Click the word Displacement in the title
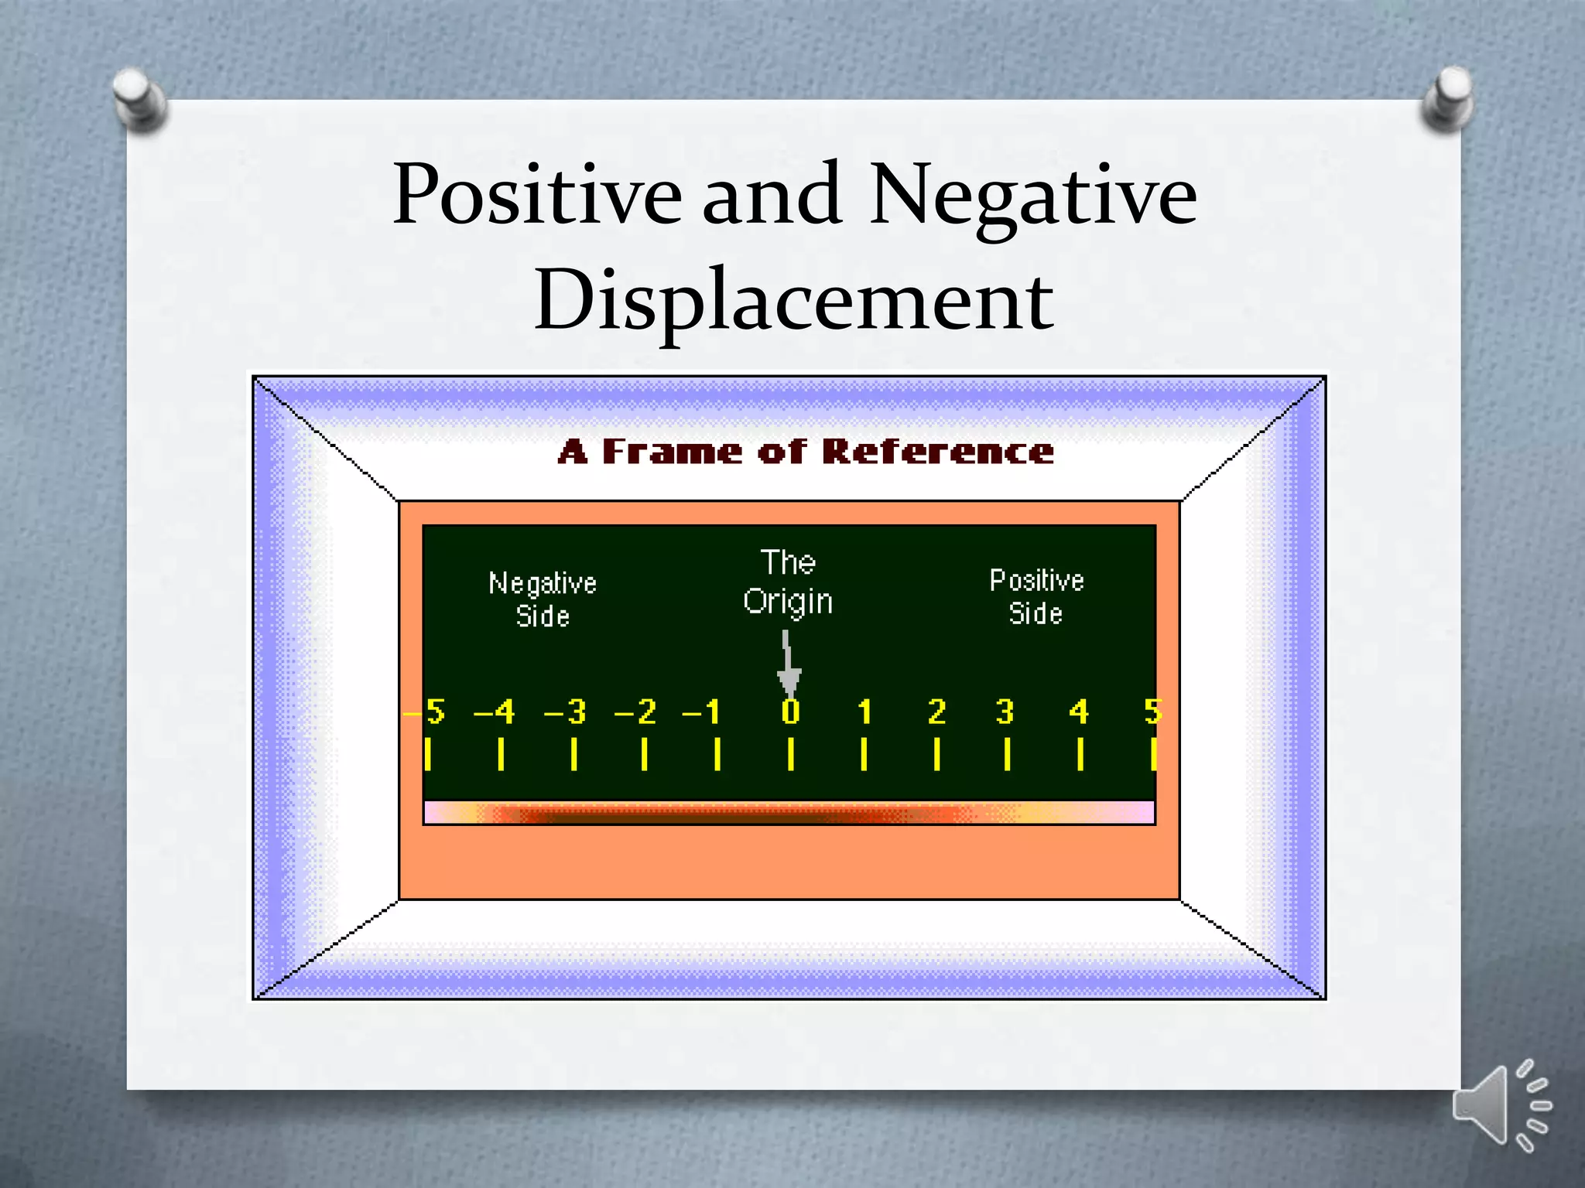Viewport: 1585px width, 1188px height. (x=793, y=300)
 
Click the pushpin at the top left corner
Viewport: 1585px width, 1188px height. (x=139, y=98)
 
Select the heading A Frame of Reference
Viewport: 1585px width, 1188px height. (x=806, y=452)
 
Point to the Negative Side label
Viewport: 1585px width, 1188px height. (x=543, y=599)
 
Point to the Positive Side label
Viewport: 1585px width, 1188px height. (x=1036, y=596)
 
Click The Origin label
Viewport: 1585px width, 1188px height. (x=788, y=582)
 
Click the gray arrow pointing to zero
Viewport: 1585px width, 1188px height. (x=788, y=665)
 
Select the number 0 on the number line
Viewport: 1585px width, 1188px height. (x=790, y=712)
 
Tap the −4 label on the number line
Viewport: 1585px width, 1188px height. (x=495, y=712)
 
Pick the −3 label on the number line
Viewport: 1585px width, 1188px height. (x=566, y=712)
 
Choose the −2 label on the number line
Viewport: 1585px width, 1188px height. (x=635, y=712)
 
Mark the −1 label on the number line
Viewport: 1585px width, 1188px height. (x=702, y=712)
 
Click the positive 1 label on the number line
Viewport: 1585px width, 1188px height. (x=864, y=712)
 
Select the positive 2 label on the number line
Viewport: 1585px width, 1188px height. (x=936, y=712)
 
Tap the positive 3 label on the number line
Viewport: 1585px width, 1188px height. (x=1005, y=712)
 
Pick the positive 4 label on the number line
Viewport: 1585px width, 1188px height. (x=1079, y=712)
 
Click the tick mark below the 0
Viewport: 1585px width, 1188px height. (x=790, y=754)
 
